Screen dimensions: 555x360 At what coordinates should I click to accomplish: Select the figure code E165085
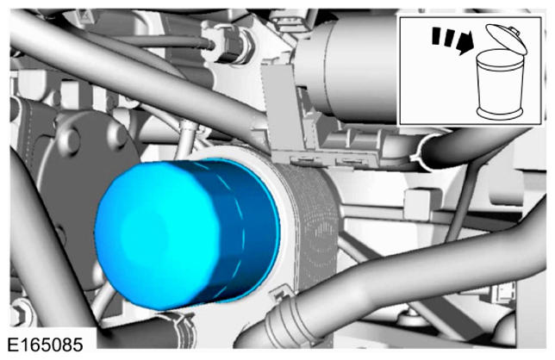tap(45, 345)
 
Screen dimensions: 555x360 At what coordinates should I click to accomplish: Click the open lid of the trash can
tap(506, 39)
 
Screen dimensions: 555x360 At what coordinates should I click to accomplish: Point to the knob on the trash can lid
tap(515, 30)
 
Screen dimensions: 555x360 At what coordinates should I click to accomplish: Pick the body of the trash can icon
tap(500, 85)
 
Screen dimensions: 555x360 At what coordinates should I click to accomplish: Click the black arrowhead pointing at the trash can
tap(465, 42)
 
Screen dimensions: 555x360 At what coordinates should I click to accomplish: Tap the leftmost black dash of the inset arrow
tap(437, 36)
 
